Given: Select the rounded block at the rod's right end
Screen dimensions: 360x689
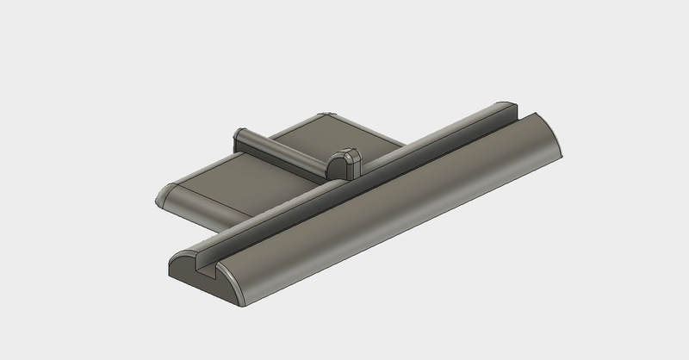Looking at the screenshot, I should pyautogui.click(x=344, y=161).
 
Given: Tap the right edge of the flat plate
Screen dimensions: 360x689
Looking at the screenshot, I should pyautogui.click(x=379, y=138).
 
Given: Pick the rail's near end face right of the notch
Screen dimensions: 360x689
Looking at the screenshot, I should pyautogui.click(x=231, y=284).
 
